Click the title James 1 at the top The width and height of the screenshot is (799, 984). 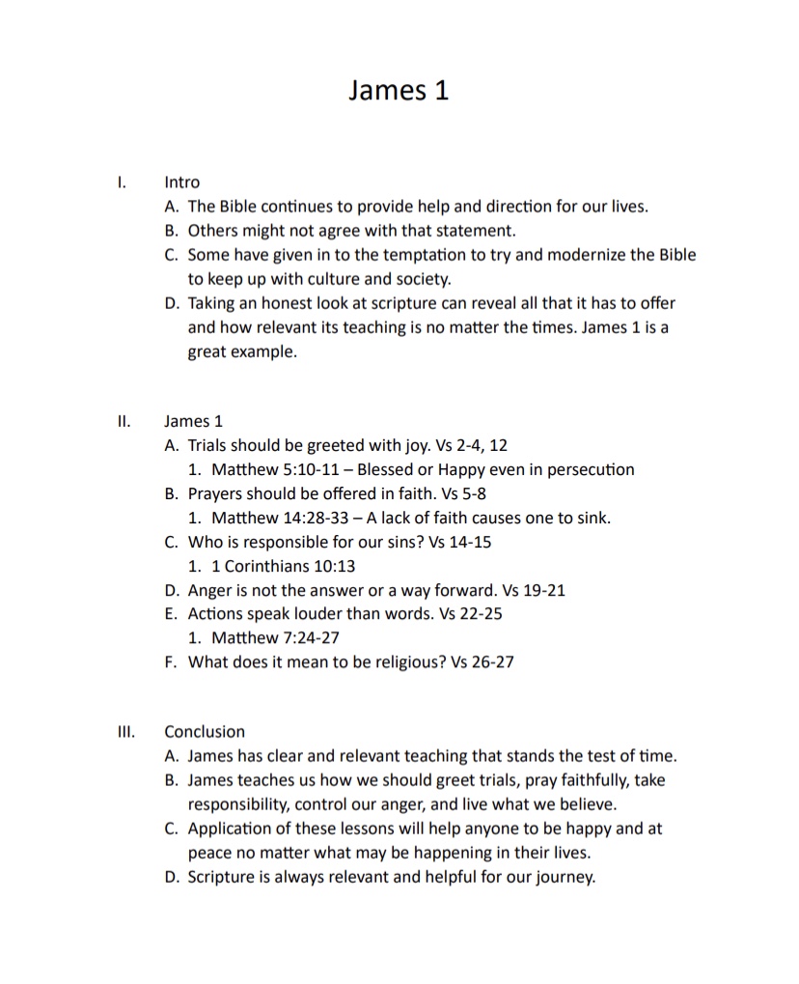click(x=399, y=90)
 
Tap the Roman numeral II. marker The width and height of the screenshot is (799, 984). click(x=122, y=421)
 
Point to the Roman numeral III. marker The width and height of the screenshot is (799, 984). click(x=124, y=732)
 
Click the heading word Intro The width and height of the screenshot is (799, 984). click(x=181, y=182)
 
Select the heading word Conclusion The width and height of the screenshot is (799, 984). click(x=205, y=732)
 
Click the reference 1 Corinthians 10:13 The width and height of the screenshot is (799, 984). click(x=284, y=566)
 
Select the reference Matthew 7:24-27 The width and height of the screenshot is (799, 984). click(x=275, y=637)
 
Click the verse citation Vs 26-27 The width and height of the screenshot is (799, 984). click(x=482, y=661)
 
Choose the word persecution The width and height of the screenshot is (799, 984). click(x=590, y=470)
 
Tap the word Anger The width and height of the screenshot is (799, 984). click(x=209, y=590)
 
